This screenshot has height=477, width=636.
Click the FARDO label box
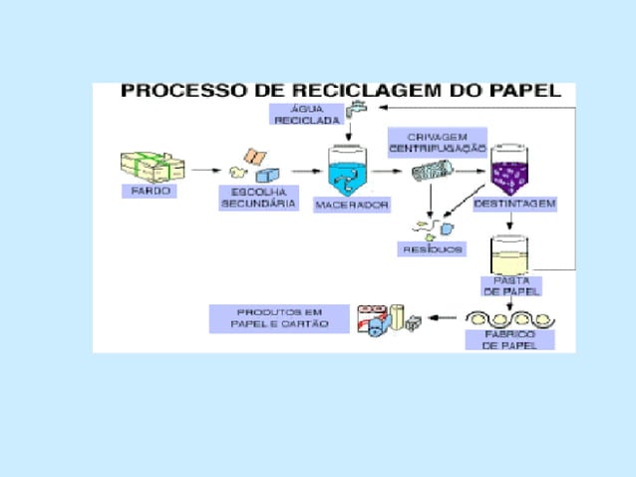(x=150, y=190)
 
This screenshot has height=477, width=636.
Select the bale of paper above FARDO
(x=149, y=165)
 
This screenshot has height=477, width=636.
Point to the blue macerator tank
(x=349, y=170)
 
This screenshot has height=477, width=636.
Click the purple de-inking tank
(x=514, y=171)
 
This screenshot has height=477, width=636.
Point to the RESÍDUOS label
(x=432, y=248)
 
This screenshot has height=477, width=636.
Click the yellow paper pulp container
(x=510, y=255)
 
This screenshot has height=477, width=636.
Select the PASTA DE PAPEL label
(x=510, y=285)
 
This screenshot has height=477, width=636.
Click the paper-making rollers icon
(x=510, y=318)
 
